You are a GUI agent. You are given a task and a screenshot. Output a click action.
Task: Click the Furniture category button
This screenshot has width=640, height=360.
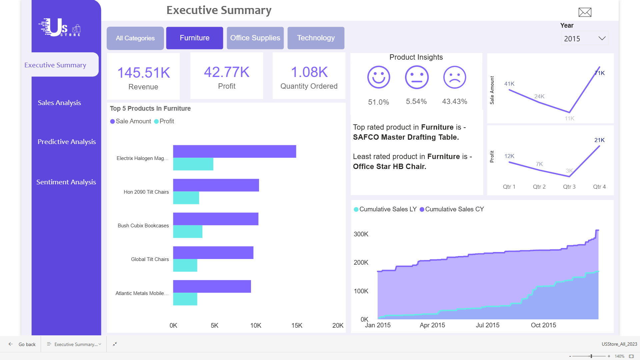tap(194, 38)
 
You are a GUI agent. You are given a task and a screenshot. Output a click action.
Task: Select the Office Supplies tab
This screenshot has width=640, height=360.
tap(255, 38)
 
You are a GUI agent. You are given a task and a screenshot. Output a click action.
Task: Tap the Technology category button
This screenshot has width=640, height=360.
tap(316, 38)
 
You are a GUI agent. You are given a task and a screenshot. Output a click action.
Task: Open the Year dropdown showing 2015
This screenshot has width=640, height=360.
tap(584, 39)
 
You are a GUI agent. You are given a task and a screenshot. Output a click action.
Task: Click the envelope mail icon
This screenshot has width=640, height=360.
tap(585, 12)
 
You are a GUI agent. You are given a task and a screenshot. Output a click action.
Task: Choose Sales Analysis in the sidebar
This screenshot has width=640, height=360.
tap(59, 103)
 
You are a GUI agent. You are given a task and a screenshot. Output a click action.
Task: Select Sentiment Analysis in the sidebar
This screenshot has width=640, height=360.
tap(66, 182)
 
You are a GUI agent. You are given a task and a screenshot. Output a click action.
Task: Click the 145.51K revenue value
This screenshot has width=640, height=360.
tap(143, 73)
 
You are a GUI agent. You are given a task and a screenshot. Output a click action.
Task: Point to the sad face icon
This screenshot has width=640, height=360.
tap(454, 77)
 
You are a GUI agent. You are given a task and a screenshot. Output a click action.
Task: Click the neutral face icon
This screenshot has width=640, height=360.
tap(416, 77)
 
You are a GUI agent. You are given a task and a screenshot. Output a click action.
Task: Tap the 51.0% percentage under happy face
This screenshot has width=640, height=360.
tap(378, 102)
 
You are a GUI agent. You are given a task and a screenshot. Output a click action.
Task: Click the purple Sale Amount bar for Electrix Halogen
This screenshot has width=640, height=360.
tap(234, 151)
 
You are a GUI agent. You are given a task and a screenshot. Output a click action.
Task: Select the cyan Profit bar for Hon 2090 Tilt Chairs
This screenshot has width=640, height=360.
tap(186, 198)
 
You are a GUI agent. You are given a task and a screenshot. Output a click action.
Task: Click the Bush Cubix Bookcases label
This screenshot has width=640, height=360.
tap(143, 226)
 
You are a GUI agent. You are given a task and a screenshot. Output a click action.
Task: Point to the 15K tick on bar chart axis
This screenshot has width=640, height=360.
tap(297, 325)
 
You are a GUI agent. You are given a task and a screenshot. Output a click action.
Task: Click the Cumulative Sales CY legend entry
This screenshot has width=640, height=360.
tap(452, 209)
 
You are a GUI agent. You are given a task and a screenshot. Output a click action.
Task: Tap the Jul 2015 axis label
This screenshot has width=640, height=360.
tap(487, 325)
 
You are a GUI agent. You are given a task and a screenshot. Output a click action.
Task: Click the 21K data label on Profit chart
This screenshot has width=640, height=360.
tap(599, 140)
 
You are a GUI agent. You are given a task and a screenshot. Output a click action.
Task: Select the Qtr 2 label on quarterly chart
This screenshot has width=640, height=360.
tap(539, 187)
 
